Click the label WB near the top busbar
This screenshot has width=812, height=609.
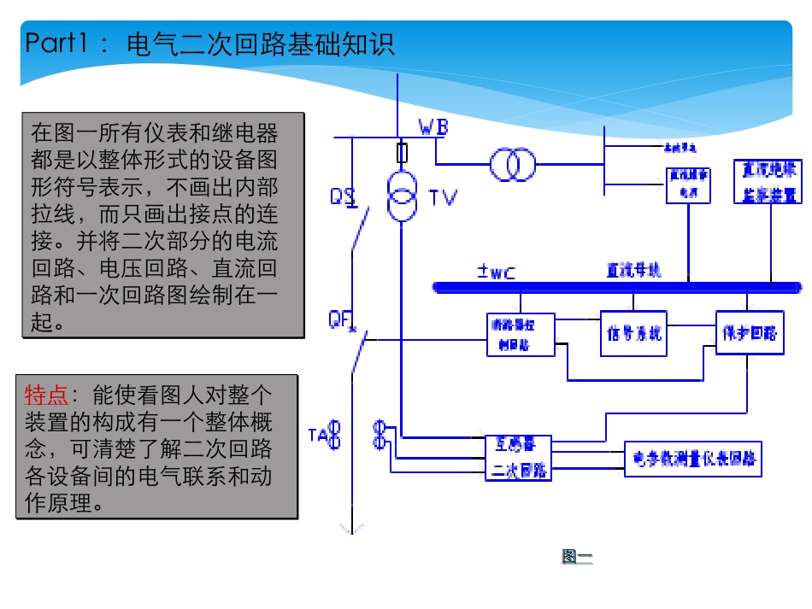pyautogui.click(x=433, y=127)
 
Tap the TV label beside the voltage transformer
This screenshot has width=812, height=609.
pyautogui.click(x=443, y=198)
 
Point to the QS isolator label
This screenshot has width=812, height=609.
pyautogui.click(x=342, y=197)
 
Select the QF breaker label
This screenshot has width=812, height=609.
pyautogui.click(x=340, y=319)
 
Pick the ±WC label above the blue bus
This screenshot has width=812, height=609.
pyautogui.click(x=496, y=272)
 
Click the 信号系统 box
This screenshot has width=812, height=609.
pyautogui.click(x=633, y=333)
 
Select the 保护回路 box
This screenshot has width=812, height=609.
pyautogui.click(x=749, y=333)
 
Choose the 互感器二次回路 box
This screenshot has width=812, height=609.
pyautogui.click(x=519, y=457)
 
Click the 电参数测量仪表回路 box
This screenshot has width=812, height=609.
pyautogui.click(x=693, y=459)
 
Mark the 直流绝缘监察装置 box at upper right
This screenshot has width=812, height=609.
pyautogui.click(x=768, y=181)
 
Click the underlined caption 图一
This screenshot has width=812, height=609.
pyautogui.click(x=577, y=557)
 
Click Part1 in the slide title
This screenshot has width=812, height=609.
pyautogui.click(x=56, y=44)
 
